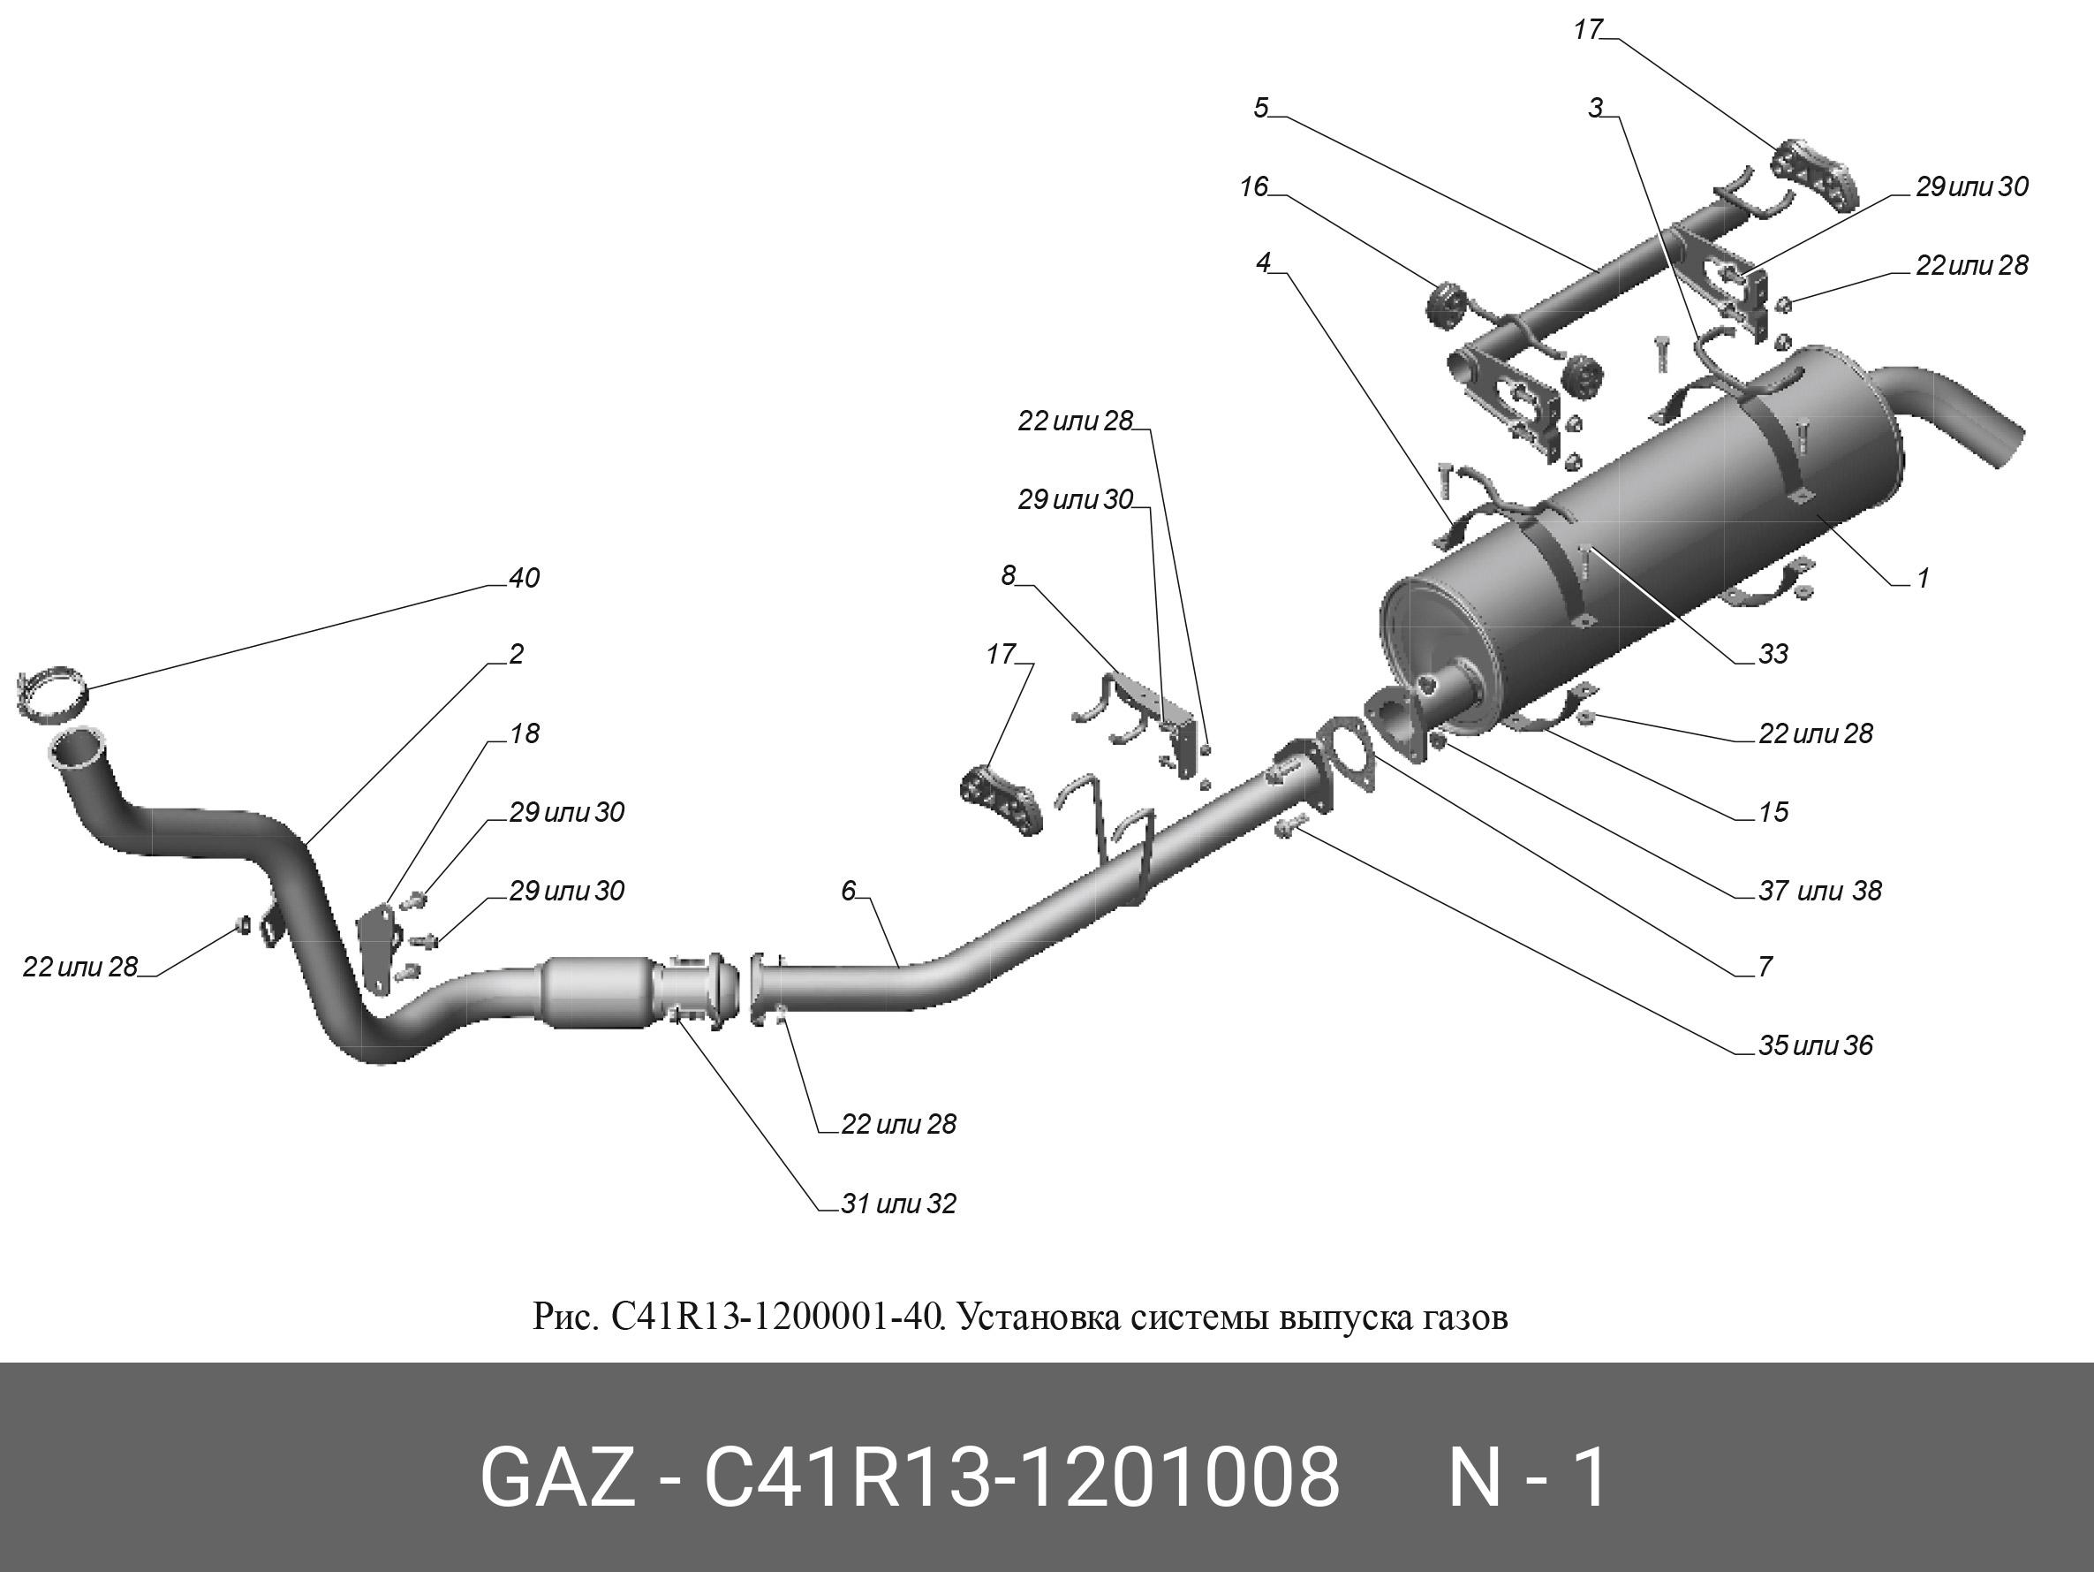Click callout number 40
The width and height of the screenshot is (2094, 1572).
tap(524, 579)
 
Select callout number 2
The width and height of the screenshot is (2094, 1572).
tap(516, 655)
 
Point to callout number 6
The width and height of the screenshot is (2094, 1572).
tap(848, 890)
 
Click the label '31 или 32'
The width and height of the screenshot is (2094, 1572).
tap(898, 1204)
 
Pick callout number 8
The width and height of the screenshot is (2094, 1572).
tap(1009, 575)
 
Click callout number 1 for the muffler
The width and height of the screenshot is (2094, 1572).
tap(1923, 578)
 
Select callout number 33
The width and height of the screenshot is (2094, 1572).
tap(1773, 655)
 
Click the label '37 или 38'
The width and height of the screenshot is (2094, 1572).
tap(1819, 890)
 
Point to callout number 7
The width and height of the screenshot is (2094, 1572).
tap(1765, 967)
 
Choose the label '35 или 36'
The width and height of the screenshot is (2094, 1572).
tap(1815, 1045)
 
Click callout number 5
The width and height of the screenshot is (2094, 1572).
tap(1260, 108)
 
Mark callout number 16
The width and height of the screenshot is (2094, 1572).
tap(1253, 186)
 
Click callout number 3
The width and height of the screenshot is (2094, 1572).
tap(1596, 108)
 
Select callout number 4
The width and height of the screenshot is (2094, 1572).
tap(1263, 262)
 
